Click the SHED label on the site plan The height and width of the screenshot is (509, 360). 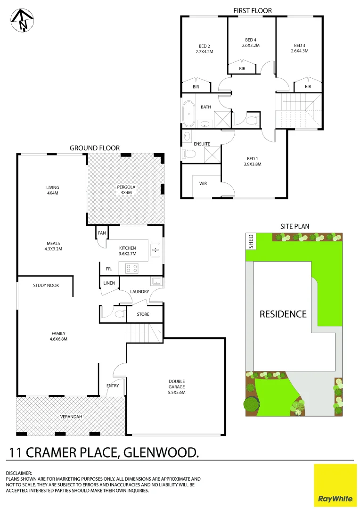click(251, 241)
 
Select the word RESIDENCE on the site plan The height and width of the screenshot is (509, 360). click(283, 314)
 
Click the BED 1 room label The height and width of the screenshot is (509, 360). click(252, 158)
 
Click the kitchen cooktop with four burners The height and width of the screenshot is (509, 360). click(131, 268)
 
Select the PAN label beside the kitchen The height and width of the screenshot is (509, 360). click(102, 233)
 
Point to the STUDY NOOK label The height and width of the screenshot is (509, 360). click(46, 286)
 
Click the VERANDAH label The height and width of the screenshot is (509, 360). click(71, 417)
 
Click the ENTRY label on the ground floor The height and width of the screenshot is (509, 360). click(113, 386)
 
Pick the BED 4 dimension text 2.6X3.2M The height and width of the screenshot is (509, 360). click(251, 46)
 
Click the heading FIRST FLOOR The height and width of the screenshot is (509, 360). click(253, 10)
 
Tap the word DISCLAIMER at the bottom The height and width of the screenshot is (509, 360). click(19, 473)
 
